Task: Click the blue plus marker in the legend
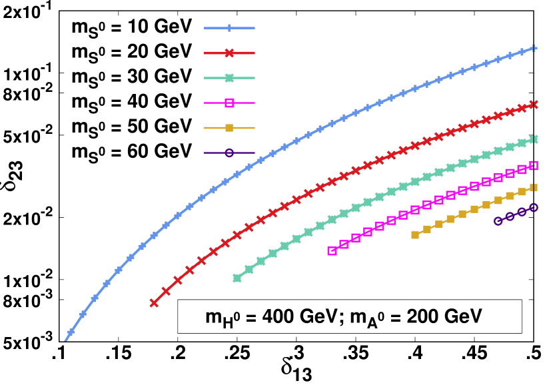(229, 28)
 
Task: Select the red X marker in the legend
(229, 53)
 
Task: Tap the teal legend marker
(229, 78)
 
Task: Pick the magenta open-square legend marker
(229, 103)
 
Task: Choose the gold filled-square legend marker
(229, 127)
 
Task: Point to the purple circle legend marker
(229, 153)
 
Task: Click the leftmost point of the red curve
(154, 303)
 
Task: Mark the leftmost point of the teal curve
(237, 278)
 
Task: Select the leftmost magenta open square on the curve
(332, 250)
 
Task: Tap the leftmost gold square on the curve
(415, 234)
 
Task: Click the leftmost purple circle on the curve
(498, 221)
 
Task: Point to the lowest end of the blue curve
(65, 340)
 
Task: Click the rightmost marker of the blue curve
(534, 48)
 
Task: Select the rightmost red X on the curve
(534, 105)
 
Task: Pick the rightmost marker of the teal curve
(534, 139)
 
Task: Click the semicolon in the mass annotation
(344, 318)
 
